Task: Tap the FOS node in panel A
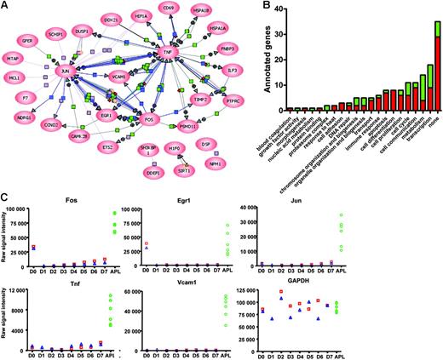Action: tap(149, 117)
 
